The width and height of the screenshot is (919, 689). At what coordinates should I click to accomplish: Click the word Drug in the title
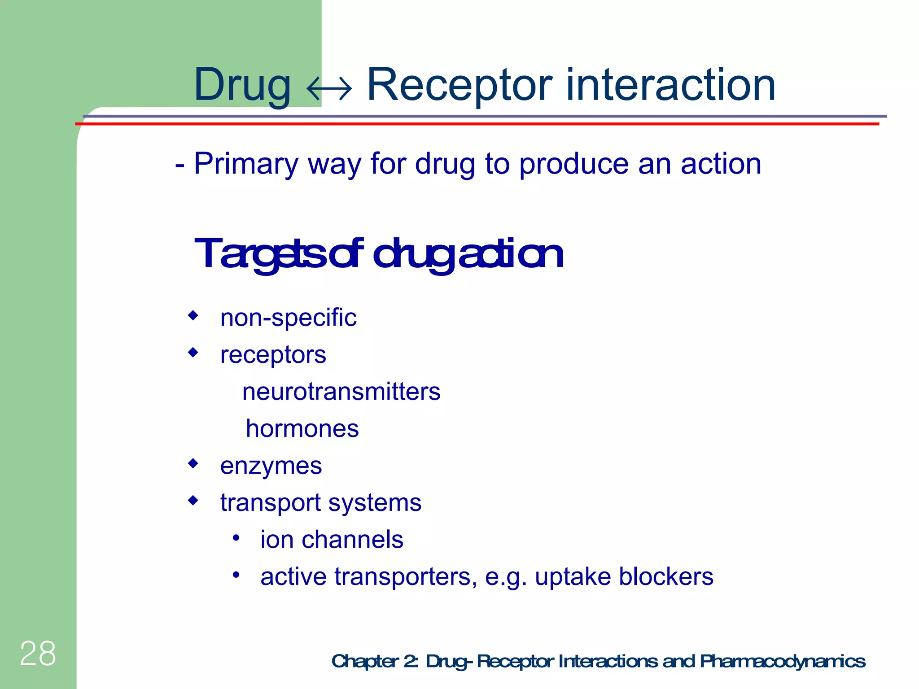[x=242, y=85]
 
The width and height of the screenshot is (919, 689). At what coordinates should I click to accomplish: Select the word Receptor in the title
[x=460, y=85]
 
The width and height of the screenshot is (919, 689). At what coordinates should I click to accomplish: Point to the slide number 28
[x=38, y=654]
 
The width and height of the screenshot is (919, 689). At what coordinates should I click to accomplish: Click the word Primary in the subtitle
[x=246, y=164]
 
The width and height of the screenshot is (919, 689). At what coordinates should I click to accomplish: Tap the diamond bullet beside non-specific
[x=193, y=315]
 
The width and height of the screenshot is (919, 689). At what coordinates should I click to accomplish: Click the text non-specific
[x=288, y=318]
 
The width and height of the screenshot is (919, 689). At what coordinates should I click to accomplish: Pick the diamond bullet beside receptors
[x=193, y=353]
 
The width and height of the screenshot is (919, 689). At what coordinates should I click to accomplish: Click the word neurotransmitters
[x=341, y=392]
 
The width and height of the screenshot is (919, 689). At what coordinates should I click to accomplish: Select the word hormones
[x=302, y=429]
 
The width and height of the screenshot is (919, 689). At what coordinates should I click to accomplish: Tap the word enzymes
[x=271, y=466]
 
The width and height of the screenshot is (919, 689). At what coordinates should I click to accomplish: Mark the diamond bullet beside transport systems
[x=193, y=500]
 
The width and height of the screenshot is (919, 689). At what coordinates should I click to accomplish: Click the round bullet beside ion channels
[x=236, y=537]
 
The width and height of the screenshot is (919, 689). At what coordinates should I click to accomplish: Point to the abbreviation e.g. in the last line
[x=506, y=577]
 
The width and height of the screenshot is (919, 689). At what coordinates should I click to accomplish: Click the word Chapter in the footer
[x=365, y=661]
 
